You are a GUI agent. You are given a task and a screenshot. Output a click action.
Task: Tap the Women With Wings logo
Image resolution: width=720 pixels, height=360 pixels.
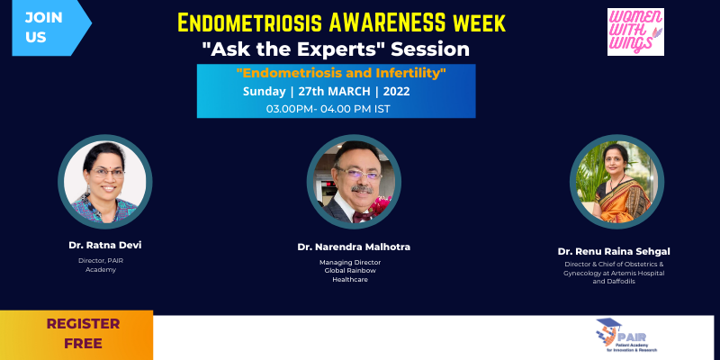click(635, 31)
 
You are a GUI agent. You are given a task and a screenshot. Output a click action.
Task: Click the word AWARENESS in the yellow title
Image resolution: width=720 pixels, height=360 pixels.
click(384, 23)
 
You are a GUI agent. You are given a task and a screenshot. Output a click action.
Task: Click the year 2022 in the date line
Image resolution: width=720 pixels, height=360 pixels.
click(396, 92)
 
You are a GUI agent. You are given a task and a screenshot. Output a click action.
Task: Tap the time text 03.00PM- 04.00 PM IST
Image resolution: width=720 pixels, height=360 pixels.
click(328, 109)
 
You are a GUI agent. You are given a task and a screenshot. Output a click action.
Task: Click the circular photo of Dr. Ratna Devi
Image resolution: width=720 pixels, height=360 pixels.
click(105, 182)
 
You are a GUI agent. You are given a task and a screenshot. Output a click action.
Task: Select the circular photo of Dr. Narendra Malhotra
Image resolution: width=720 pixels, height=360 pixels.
click(354, 182)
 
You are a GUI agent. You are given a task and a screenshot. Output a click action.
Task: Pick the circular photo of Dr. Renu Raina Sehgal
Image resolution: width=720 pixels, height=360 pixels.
click(616, 182)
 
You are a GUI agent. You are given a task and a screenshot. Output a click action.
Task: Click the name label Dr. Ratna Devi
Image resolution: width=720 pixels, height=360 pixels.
click(105, 245)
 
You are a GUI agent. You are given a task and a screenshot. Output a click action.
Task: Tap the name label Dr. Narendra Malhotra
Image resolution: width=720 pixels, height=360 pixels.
click(354, 247)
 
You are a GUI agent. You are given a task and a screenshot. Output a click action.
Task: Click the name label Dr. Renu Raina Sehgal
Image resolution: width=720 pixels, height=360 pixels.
click(614, 252)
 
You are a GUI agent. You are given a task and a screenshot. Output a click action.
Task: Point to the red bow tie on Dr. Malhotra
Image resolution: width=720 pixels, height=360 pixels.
click(362, 215)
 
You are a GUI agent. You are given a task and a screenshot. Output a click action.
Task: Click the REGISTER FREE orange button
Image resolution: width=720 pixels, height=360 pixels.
click(76, 335)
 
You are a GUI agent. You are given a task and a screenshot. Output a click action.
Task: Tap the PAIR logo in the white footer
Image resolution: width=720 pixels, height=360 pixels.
click(628, 336)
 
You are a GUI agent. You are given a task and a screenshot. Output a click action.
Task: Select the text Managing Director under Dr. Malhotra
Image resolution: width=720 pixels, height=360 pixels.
click(350, 262)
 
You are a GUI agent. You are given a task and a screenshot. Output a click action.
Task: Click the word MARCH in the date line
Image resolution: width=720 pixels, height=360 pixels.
click(347, 92)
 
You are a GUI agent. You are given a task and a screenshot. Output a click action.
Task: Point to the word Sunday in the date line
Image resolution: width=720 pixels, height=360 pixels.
click(264, 92)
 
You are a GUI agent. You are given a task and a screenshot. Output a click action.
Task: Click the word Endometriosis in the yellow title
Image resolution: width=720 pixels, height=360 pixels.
click(249, 23)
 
